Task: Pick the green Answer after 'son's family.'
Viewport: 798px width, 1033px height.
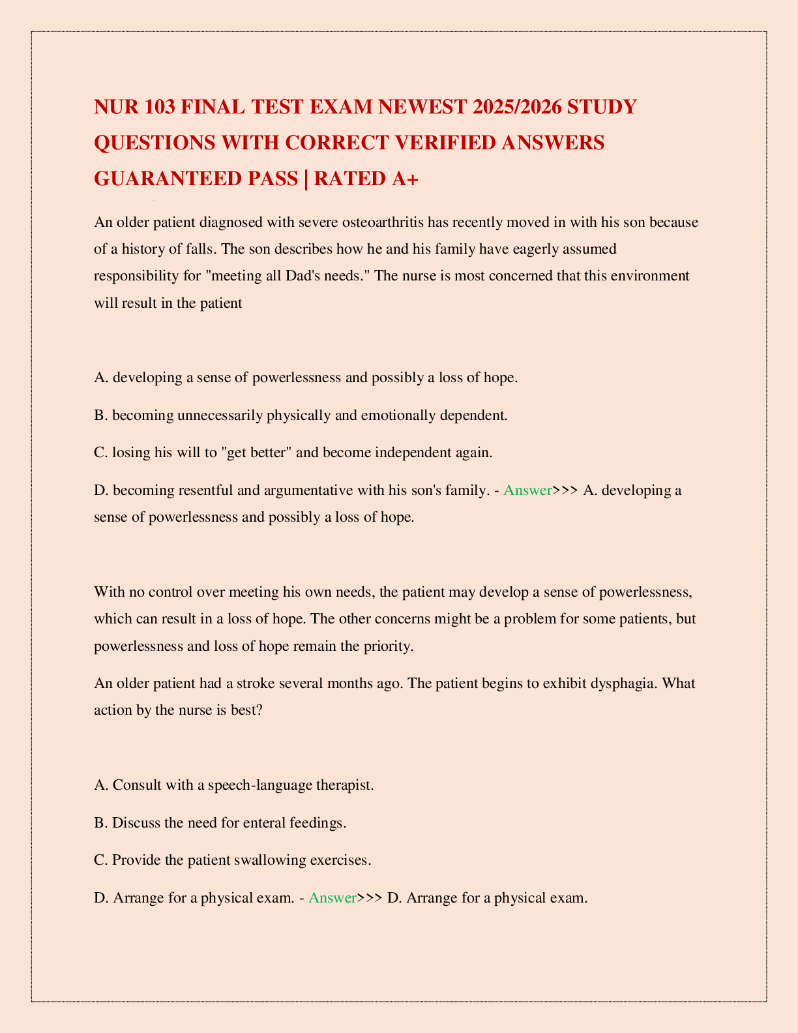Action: pyautogui.click(x=527, y=490)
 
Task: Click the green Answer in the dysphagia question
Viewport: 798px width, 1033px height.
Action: pyautogui.click(x=332, y=897)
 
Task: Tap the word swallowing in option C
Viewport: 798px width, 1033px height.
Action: pyautogui.click(x=268, y=860)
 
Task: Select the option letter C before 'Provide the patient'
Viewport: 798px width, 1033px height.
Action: pyautogui.click(x=100, y=860)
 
